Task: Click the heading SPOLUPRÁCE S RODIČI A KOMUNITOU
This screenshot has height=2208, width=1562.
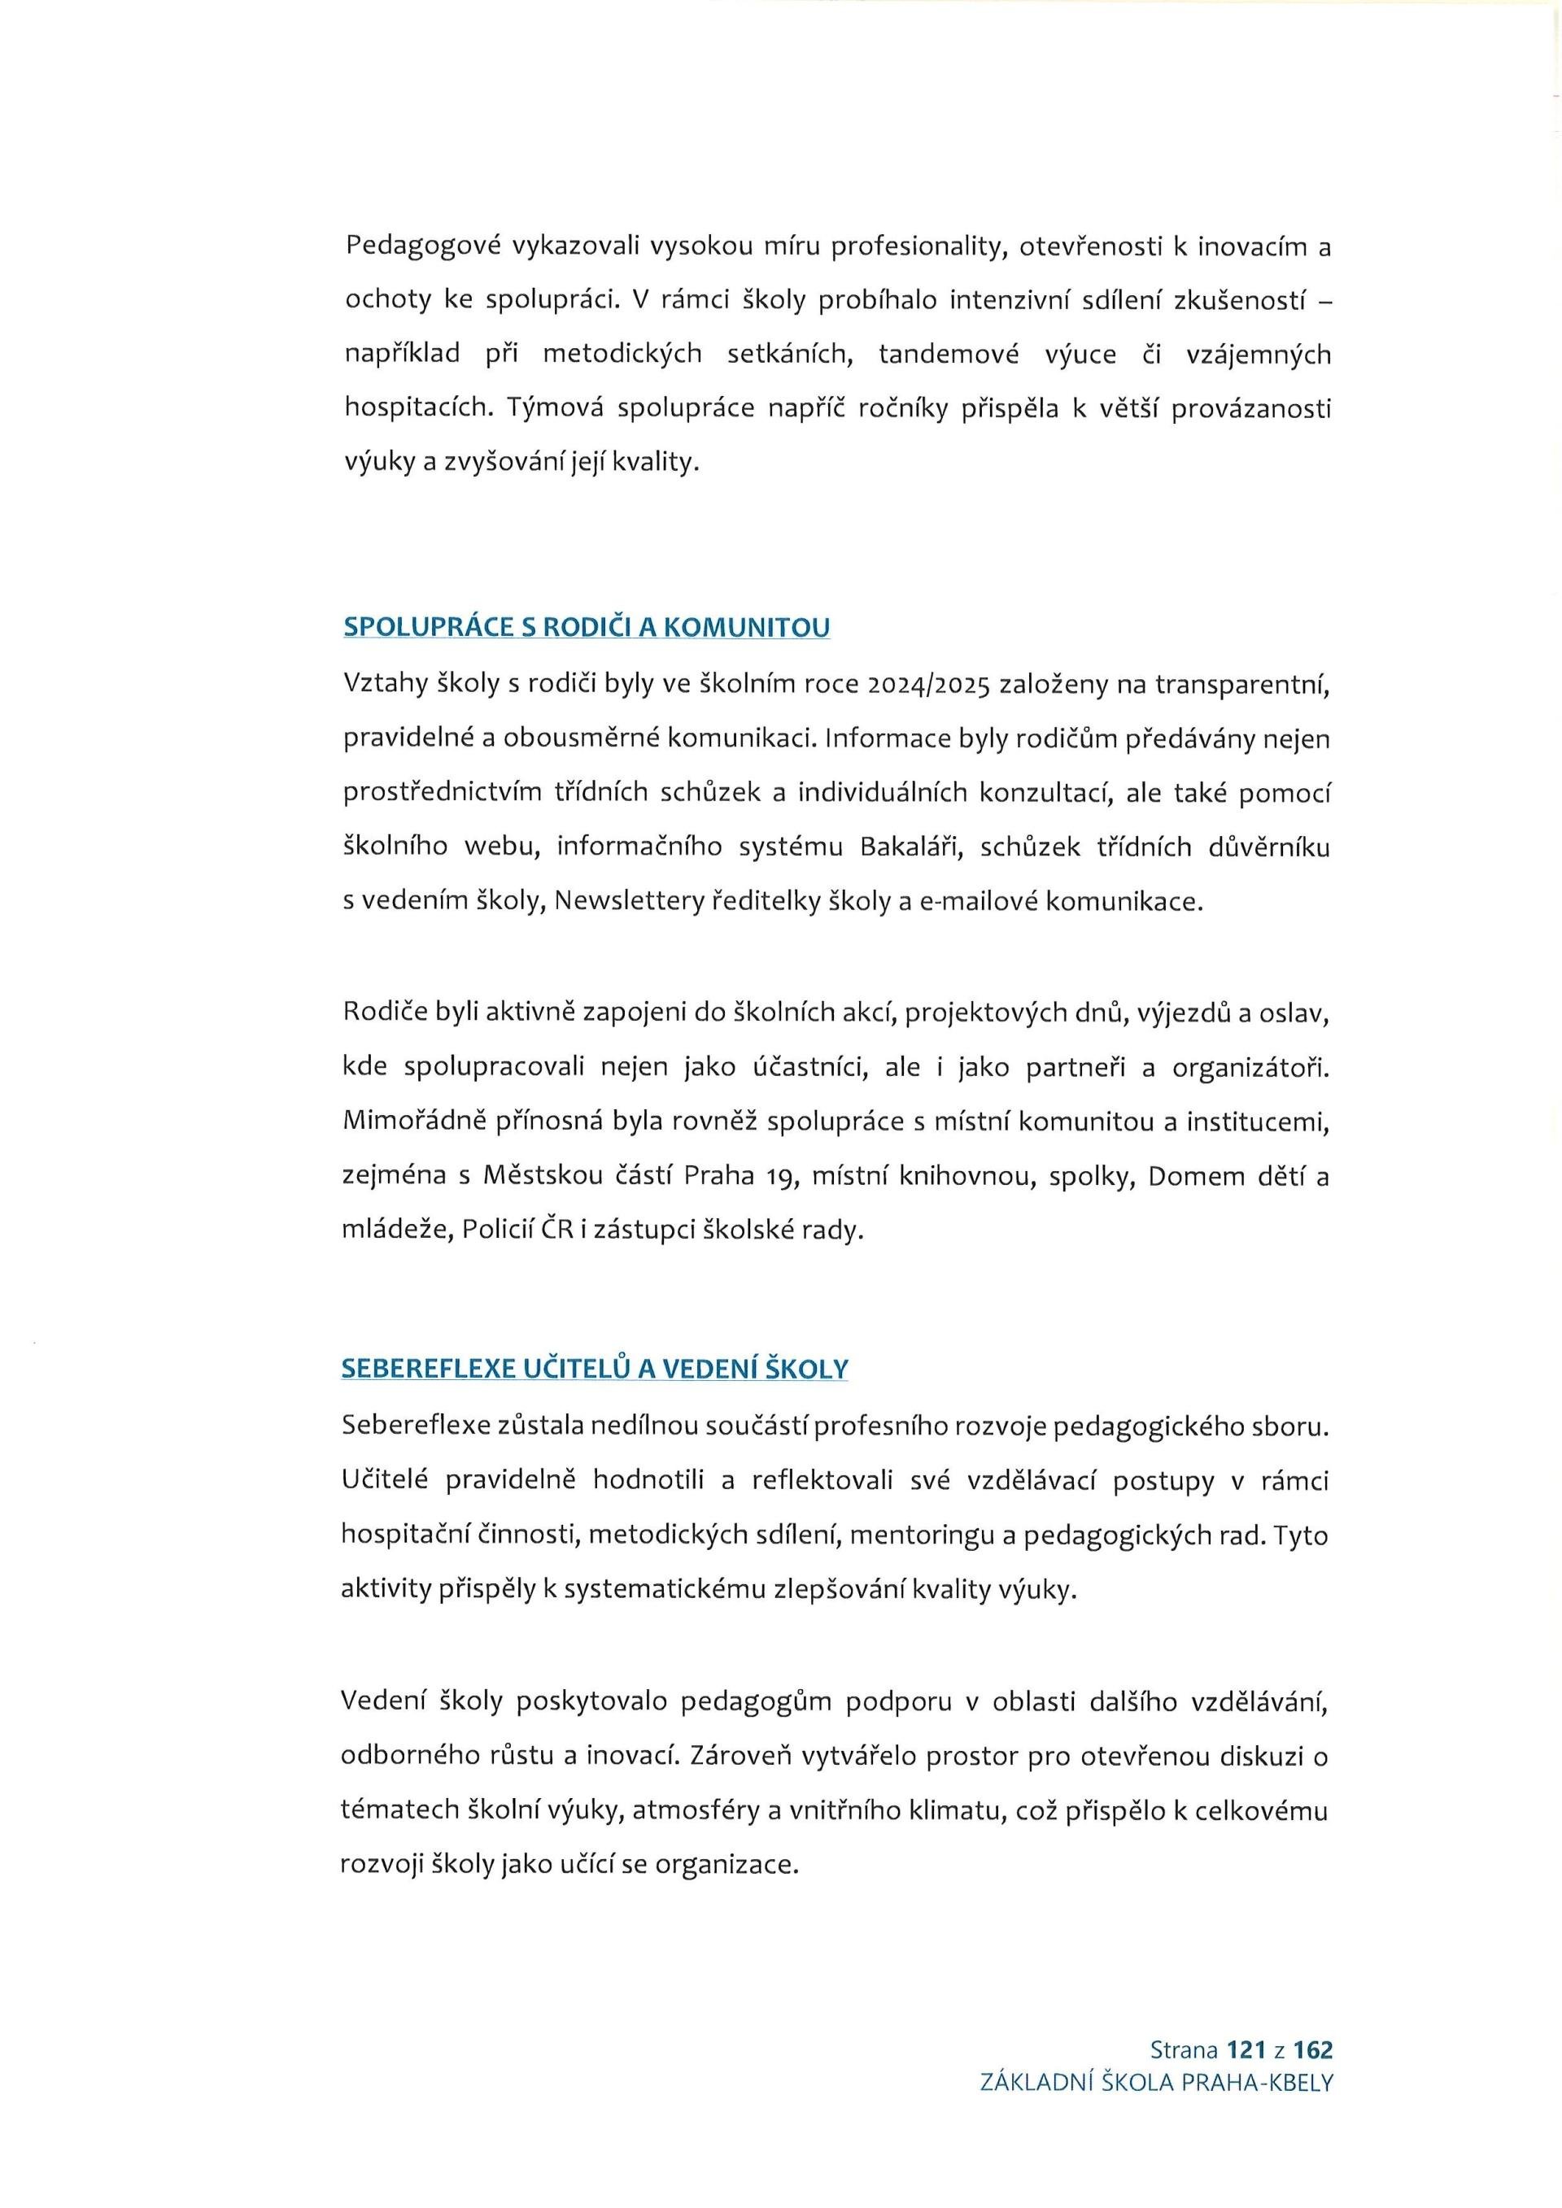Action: [x=586, y=627]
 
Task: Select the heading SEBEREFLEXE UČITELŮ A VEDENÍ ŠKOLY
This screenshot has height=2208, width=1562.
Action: [x=595, y=1369]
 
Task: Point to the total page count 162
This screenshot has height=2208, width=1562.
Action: [x=1313, y=2049]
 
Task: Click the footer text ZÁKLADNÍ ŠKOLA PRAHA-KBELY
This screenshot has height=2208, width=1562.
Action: [x=1156, y=2082]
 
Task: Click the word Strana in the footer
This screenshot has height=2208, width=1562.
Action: [x=1183, y=2049]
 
